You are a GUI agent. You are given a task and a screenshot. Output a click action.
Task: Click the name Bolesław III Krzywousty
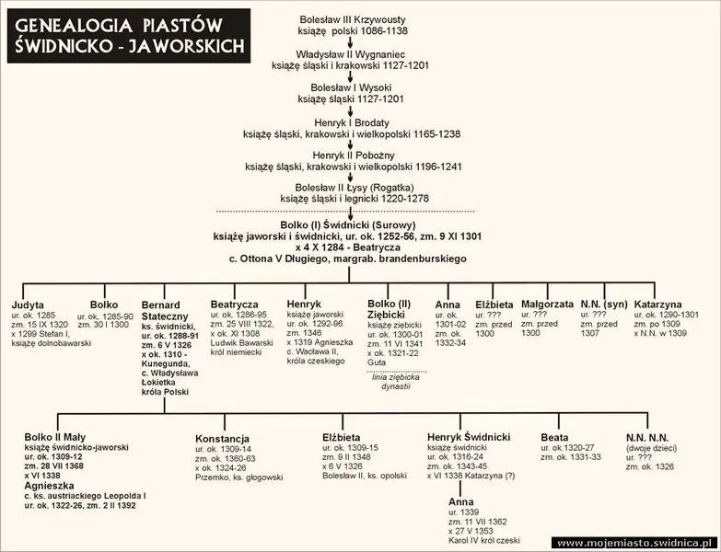[353, 19]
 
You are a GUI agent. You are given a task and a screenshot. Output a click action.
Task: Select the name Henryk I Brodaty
[352, 122]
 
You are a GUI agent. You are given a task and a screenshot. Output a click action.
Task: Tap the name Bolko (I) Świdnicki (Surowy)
[348, 225]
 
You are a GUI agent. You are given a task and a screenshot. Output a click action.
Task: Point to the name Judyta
[28, 305]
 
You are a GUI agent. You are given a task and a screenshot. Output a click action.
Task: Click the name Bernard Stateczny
[165, 310]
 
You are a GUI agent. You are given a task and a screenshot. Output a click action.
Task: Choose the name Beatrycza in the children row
[235, 305]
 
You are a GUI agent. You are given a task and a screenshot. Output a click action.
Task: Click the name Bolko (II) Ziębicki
[389, 309]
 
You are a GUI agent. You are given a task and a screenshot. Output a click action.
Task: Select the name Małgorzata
[547, 304]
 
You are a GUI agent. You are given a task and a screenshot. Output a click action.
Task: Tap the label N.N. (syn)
[604, 304]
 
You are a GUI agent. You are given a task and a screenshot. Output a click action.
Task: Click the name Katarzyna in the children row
[658, 304]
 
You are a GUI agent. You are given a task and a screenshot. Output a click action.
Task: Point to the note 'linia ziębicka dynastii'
[395, 382]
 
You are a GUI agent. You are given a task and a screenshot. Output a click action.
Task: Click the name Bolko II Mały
[54, 437]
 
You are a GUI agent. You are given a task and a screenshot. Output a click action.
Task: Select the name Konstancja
[222, 439]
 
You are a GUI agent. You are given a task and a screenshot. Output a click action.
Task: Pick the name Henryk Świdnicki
[469, 437]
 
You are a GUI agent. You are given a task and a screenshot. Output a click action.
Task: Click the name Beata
[554, 438]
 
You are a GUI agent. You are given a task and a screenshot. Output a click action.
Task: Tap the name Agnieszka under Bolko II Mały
[49, 486]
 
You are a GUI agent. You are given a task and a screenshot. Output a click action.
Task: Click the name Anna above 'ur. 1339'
[461, 501]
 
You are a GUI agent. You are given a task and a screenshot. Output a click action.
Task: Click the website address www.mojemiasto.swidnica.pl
[634, 544]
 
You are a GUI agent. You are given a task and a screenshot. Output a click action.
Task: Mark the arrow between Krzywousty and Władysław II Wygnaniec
[350, 42]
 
